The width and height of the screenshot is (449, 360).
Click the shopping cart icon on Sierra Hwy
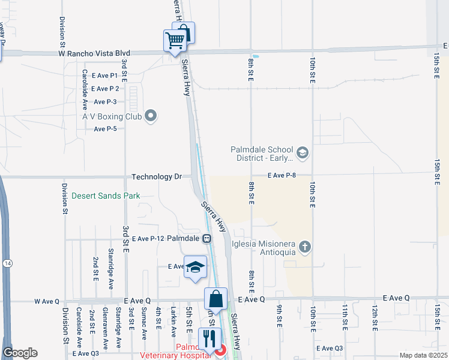point(174,41)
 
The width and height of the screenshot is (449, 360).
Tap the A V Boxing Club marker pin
point(151,116)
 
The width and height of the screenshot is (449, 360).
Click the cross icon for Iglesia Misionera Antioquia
point(305,247)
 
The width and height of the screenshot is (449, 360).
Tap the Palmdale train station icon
point(206,238)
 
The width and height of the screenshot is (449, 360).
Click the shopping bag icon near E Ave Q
point(215,298)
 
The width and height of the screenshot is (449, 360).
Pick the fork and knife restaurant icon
point(209,338)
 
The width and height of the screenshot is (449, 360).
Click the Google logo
point(20,353)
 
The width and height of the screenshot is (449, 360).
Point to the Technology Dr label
point(156,177)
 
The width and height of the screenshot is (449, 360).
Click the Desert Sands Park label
point(106,196)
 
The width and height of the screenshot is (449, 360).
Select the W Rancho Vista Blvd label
point(94,53)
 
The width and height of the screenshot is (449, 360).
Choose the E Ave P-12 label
point(148,238)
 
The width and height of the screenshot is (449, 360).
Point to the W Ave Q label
point(49,301)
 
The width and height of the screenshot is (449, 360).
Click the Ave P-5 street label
point(105,129)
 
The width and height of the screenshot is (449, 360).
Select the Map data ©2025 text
point(423,355)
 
